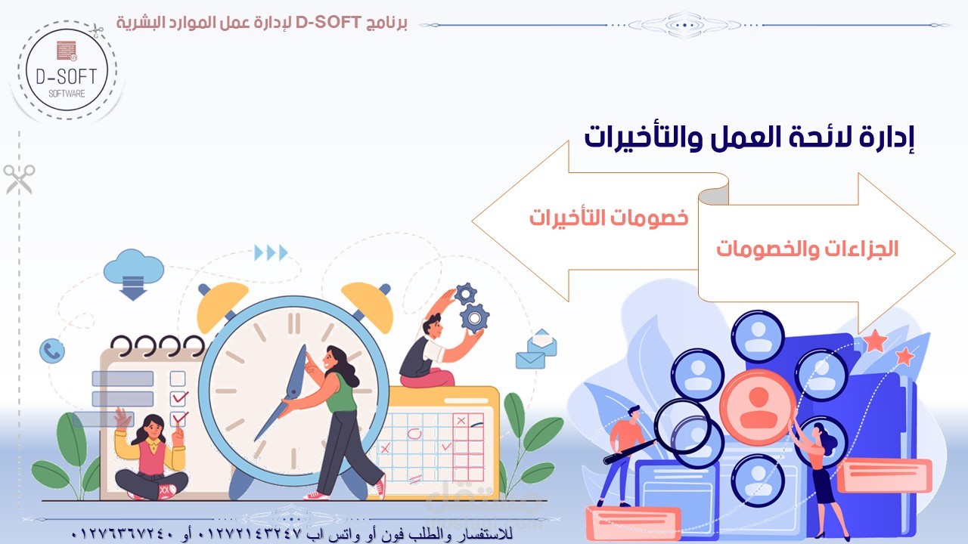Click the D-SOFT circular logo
tap(67, 70)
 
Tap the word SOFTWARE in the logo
tap(67, 94)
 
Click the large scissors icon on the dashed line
tap(20, 179)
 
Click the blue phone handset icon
tap(52, 351)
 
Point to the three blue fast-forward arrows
tap(271, 252)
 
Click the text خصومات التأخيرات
tap(609, 217)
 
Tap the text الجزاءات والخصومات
tap(807, 249)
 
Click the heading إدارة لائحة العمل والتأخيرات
tap(749, 138)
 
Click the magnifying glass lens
tap(682, 425)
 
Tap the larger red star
tap(875, 341)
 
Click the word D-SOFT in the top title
tap(328, 22)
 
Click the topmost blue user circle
tap(758, 336)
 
